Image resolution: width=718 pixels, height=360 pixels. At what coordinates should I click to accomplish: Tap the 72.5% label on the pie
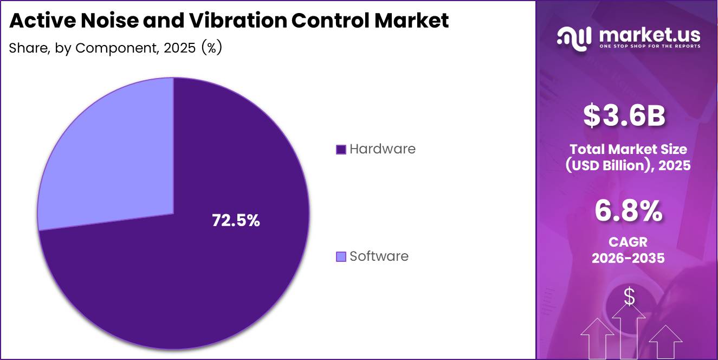(x=236, y=221)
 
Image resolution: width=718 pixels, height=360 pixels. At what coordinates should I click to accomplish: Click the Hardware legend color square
(x=341, y=149)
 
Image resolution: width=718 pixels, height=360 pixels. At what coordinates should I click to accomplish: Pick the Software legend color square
(x=341, y=256)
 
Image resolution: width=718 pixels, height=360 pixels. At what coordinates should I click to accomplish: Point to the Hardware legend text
(x=383, y=149)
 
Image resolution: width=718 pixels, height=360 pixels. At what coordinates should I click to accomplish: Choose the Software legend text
(x=379, y=256)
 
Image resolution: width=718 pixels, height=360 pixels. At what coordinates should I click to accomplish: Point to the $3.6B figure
(x=624, y=115)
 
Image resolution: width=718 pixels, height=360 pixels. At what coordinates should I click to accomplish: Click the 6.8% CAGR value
(x=628, y=211)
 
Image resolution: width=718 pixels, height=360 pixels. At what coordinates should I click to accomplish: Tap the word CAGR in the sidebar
(x=628, y=242)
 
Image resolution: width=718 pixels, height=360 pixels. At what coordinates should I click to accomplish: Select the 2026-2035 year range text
(x=628, y=258)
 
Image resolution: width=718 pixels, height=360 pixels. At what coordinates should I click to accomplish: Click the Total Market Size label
(x=628, y=149)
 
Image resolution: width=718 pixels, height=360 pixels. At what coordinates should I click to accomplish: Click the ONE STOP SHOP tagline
(x=649, y=46)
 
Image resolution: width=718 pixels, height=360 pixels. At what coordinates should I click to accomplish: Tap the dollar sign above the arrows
(x=629, y=297)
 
